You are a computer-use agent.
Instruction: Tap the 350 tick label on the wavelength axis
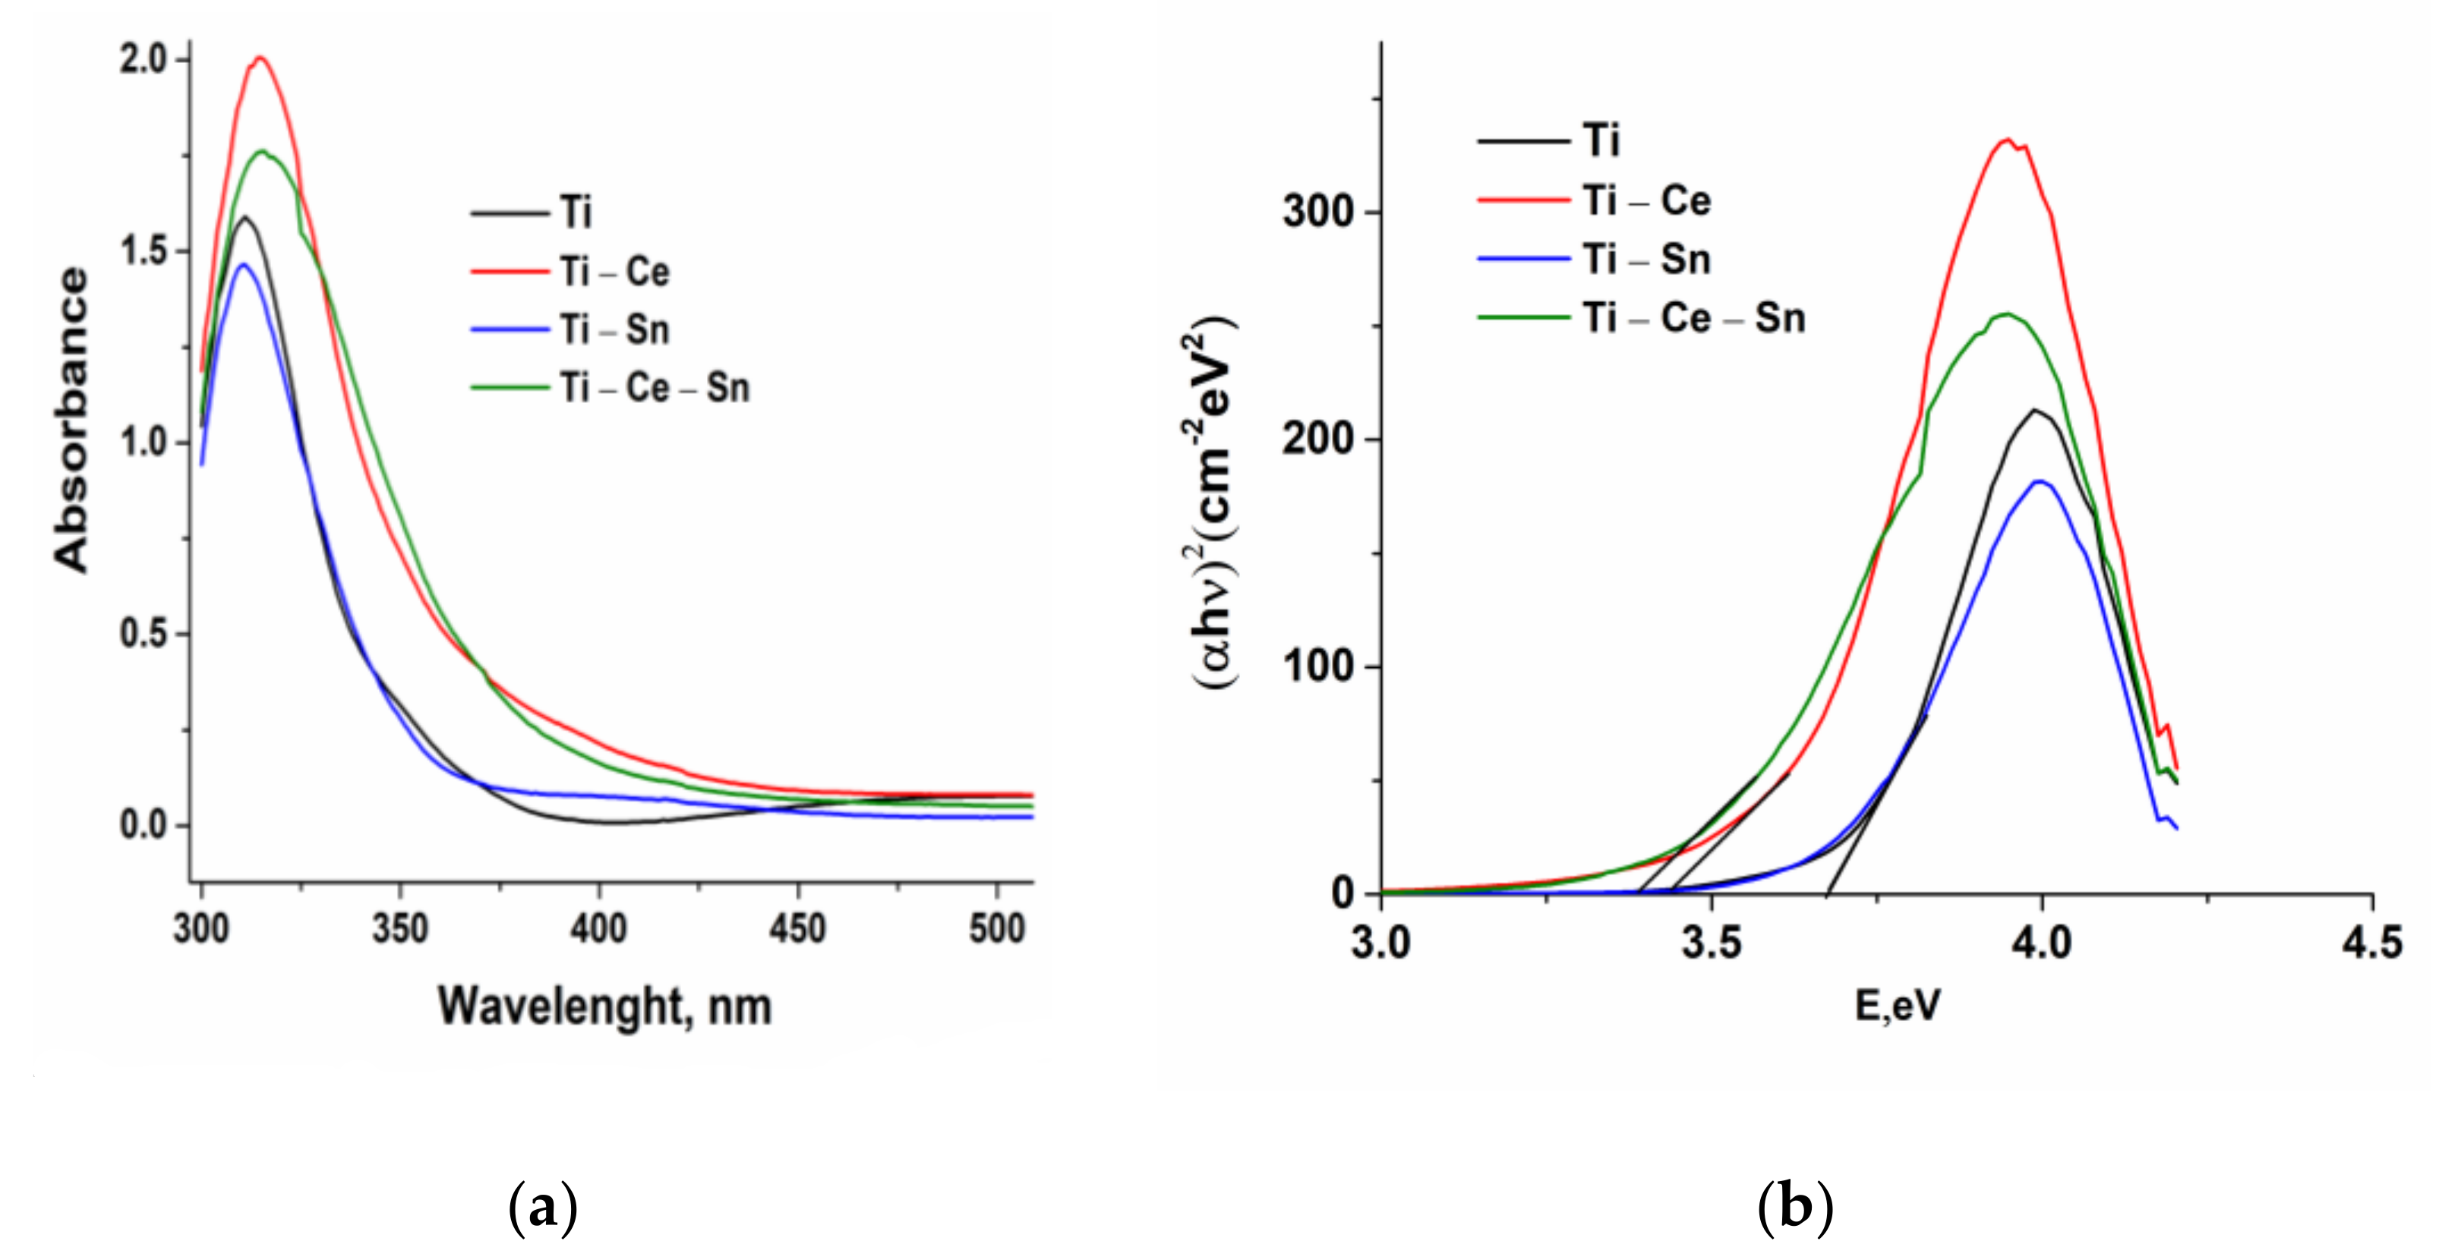coord(399,928)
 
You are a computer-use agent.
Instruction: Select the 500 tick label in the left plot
coord(996,928)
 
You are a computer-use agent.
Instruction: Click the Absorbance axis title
coord(71,420)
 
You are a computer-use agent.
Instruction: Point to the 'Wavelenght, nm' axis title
coord(604,1006)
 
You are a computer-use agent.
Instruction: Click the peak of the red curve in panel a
coord(260,58)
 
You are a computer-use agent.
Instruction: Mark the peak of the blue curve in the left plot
coord(243,265)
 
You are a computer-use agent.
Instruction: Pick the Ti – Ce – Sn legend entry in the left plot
coord(653,388)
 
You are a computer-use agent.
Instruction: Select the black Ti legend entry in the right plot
coord(1600,141)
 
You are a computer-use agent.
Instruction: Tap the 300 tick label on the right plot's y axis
coord(1318,210)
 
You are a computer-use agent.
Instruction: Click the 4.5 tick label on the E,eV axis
coord(2371,943)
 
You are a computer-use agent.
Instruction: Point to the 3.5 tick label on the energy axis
coord(1711,943)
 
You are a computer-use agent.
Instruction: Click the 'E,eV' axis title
coord(1897,1006)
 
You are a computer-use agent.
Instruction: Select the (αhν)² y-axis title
coord(1212,511)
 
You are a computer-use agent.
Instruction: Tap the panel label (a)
coord(542,1208)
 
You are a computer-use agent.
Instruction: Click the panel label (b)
coord(1795,1208)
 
